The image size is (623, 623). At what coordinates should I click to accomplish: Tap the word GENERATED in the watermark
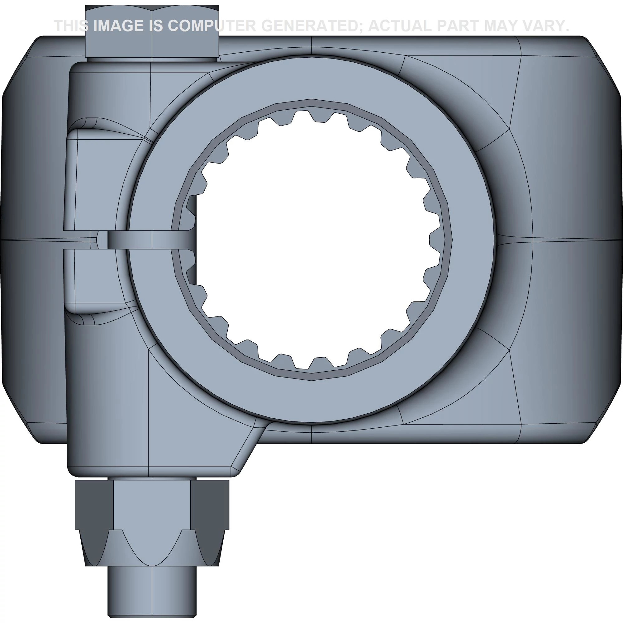(x=311, y=26)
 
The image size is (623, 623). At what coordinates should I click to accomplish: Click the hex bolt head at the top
(x=152, y=31)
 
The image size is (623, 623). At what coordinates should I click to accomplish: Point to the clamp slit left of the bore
(x=129, y=240)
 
